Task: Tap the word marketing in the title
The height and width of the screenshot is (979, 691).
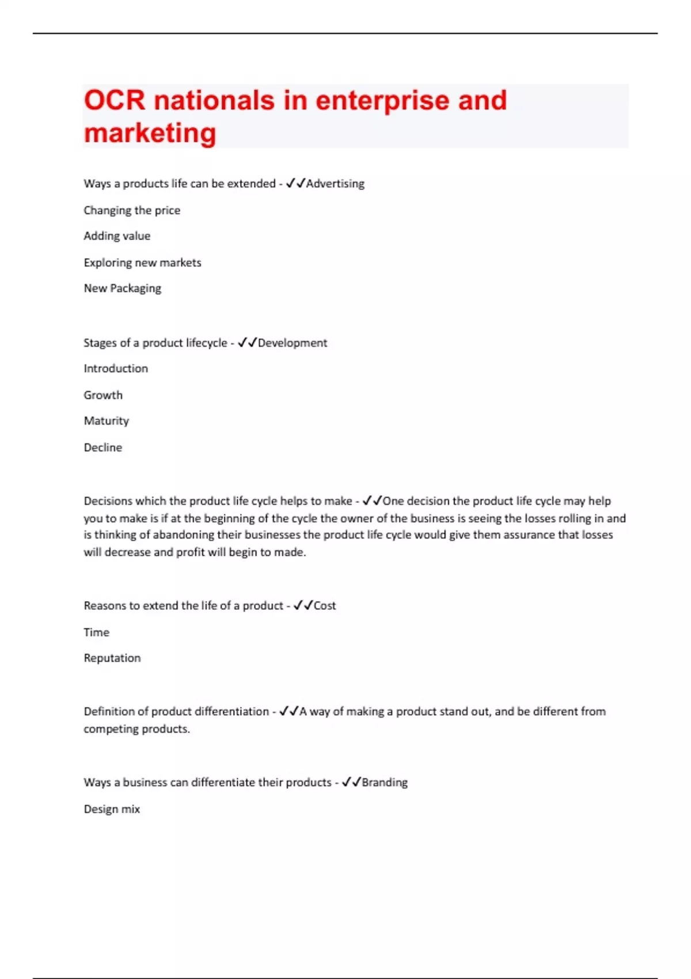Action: (x=150, y=133)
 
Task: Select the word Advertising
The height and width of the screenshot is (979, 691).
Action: (x=335, y=184)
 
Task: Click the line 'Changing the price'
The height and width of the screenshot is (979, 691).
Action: (x=132, y=210)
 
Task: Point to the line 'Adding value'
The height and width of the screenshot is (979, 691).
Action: (x=117, y=236)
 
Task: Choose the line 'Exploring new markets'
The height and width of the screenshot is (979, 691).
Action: (x=142, y=263)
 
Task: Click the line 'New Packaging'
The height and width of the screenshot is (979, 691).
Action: (x=122, y=289)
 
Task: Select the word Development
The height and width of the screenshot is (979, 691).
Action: (x=293, y=343)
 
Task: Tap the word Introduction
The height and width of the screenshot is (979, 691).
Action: (x=116, y=369)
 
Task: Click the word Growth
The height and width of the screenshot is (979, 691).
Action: (x=103, y=395)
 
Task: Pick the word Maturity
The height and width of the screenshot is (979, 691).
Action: (x=107, y=421)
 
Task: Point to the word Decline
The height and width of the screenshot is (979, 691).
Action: (x=103, y=447)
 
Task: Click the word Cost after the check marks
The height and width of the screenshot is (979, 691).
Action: (x=325, y=606)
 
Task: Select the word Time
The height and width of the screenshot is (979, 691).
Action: (x=96, y=632)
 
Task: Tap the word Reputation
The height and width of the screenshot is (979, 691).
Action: (x=112, y=658)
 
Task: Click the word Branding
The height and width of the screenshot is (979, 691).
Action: (x=385, y=783)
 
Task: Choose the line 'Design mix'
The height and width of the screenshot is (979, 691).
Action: (x=112, y=809)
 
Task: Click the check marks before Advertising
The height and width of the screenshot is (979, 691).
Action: (x=295, y=183)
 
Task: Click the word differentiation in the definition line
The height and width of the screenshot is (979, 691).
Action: (x=232, y=712)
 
